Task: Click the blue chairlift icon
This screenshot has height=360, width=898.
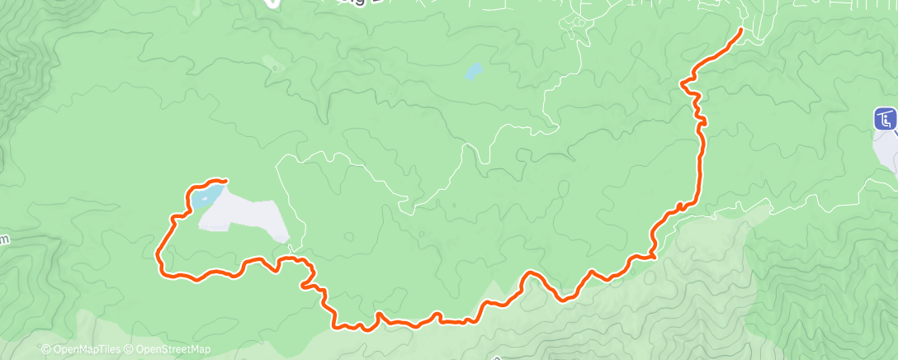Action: [x=885, y=119]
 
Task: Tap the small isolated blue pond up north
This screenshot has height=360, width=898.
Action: [x=472, y=72]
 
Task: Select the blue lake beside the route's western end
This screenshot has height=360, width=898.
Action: [x=207, y=196]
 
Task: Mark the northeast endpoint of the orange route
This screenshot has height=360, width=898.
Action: [x=740, y=30]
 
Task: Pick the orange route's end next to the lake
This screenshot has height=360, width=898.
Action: [x=224, y=180]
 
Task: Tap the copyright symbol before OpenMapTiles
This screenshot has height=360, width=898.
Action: [x=46, y=349]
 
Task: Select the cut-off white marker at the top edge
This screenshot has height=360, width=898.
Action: [x=272, y=3]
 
